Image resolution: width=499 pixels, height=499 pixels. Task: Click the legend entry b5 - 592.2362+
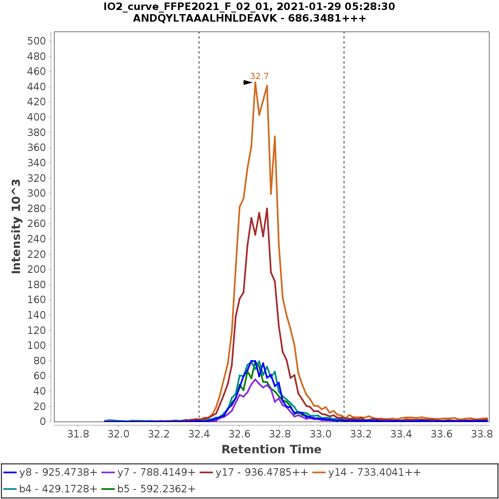(156, 489)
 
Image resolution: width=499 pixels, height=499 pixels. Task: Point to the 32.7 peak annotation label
(259, 77)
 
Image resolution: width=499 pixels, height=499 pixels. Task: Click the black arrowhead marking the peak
(248, 83)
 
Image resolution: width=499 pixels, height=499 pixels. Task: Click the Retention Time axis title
(271, 450)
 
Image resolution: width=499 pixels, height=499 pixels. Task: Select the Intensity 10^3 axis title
(16, 226)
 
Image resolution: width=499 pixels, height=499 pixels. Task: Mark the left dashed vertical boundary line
(199, 208)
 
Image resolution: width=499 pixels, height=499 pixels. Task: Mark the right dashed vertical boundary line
(344, 208)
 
